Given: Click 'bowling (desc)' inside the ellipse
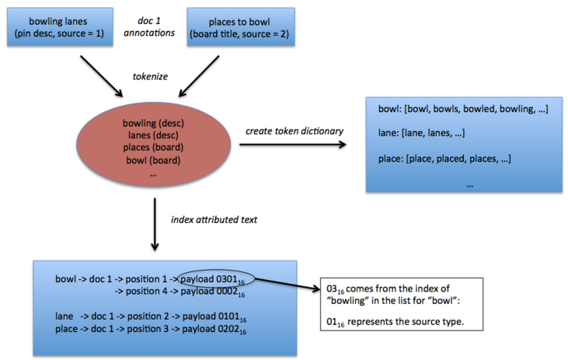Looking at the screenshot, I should click(x=152, y=123).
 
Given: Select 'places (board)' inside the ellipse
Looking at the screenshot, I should click(x=152, y=148).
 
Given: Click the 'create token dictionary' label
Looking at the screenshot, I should click(x=296, y=131).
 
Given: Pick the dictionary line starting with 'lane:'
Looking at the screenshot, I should click(x=419, y=134).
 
